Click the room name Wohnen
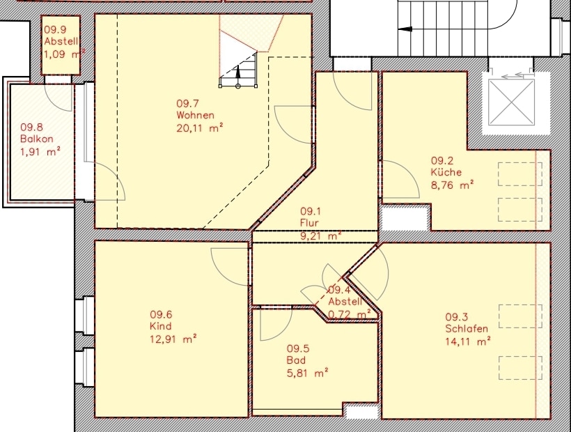click(x=195, y=116)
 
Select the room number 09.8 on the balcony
click(x=31, y=127)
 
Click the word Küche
click(x=446, y=171)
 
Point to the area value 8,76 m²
click(x=452, y=184)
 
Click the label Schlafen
click(x=467, y=329)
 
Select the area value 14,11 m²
click(x=468, y=341)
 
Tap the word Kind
click(x=160, y=326)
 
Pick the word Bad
click(x=295, y=361)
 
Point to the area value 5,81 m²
click(x=307, y=373)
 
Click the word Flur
click(x=310, y=223)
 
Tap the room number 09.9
click(x=56, y=30)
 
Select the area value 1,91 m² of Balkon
click(x=40, y=151)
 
